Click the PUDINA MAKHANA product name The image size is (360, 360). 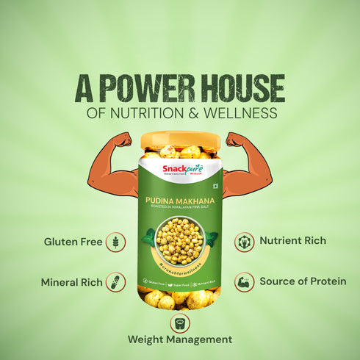[180, 199]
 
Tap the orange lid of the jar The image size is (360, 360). [180, 140]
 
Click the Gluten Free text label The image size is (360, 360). [73, 242]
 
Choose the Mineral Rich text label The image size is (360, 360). [71, 282]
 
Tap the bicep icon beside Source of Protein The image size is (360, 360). [245, 282]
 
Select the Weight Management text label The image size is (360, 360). [180, 339]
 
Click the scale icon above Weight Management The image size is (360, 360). [180, 322]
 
